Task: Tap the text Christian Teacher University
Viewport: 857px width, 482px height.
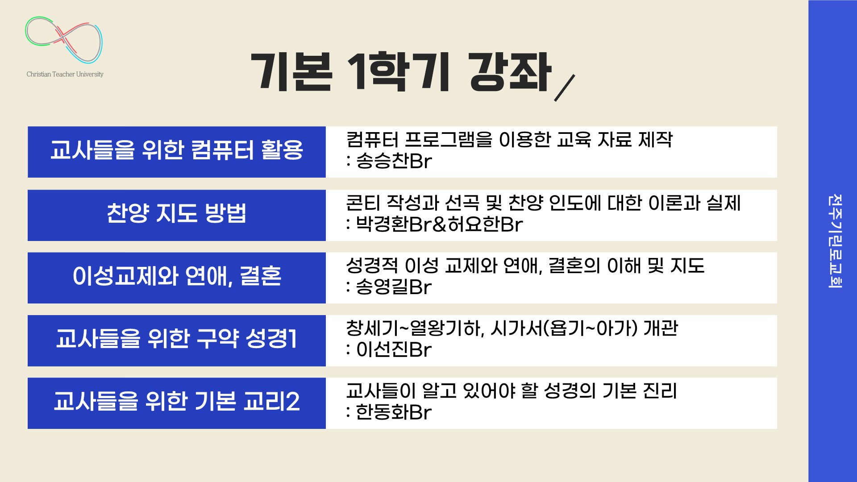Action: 65,74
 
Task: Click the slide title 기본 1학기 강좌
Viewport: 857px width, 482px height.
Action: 401,73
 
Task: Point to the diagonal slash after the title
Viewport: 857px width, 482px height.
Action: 564,88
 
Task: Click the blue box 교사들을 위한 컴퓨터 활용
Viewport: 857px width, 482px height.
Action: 177,152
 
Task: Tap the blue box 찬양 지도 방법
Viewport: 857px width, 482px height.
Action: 177,215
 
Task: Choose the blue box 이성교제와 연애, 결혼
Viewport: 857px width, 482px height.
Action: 177,278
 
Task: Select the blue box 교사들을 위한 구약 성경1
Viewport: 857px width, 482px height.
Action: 177,341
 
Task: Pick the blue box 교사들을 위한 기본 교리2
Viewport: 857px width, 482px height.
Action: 177,403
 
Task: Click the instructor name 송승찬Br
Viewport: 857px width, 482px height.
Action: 394,161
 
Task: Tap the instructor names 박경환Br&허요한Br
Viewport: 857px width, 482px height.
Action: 439,224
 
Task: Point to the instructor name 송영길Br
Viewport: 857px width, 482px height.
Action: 394,287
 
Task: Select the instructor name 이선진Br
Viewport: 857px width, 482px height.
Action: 394,349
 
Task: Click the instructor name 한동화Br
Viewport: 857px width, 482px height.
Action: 394,412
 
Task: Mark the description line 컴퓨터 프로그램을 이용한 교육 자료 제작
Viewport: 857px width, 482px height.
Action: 509,140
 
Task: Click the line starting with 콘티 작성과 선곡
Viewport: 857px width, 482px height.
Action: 543,203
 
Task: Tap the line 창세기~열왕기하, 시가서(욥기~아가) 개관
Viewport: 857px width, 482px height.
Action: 512,328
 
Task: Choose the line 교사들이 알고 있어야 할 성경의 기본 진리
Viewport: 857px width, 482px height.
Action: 512,391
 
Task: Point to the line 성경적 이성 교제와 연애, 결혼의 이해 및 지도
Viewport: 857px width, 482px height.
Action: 525,266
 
